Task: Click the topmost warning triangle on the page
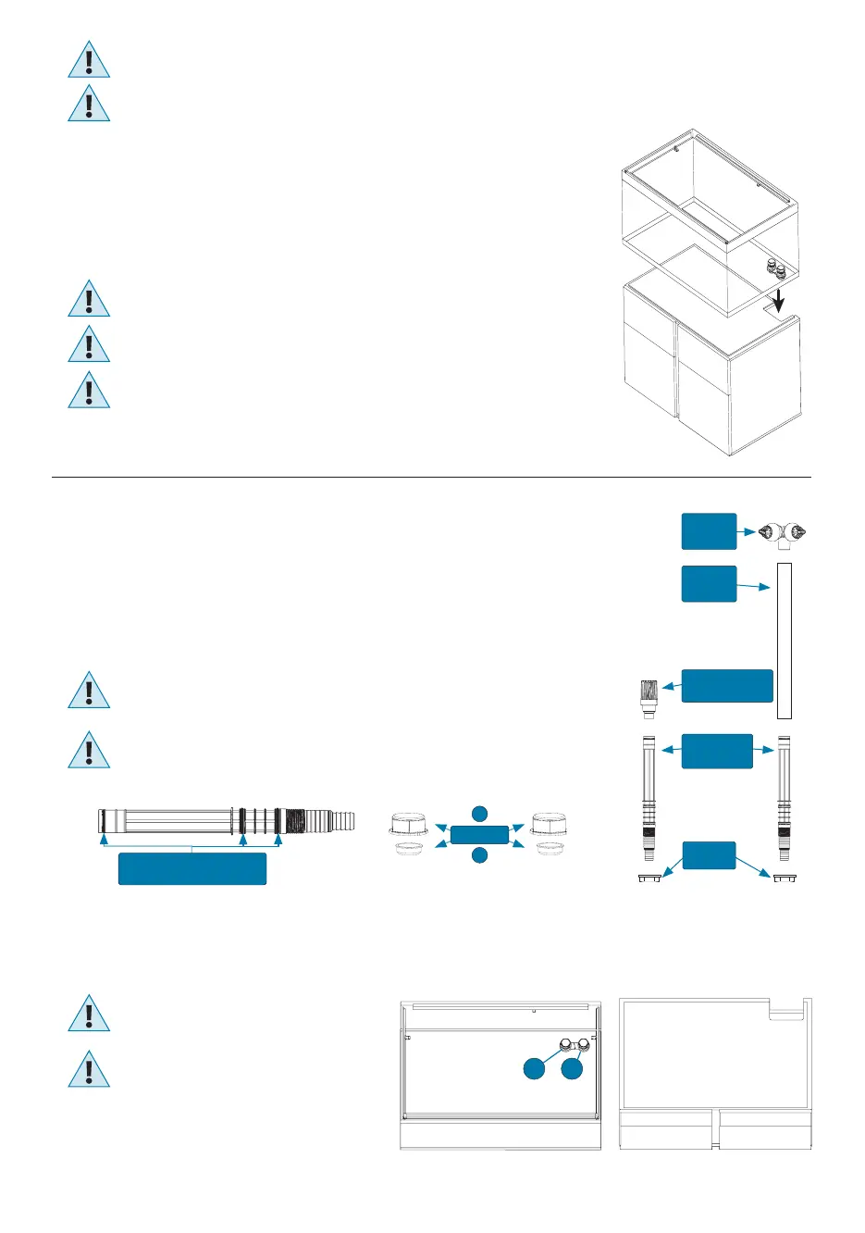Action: (89, 60)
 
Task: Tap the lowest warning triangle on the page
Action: (89, 1070)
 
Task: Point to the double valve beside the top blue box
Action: (781, 533)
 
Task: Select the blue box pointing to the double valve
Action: (709, 531)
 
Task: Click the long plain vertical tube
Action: (785, 640)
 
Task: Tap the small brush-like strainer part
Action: (649, 701)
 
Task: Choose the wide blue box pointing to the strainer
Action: (727, 686)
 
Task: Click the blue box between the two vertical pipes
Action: (717, 751)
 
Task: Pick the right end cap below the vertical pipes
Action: (785, 877)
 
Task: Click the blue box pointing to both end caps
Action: (709, 855)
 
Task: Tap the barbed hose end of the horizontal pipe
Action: (342, 820)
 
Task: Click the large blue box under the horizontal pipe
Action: (192, 869)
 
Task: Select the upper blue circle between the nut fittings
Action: (479, 813)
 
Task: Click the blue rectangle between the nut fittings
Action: (479, 834)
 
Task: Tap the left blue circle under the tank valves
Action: (534, 1068)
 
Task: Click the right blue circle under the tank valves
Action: (572, 1068)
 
